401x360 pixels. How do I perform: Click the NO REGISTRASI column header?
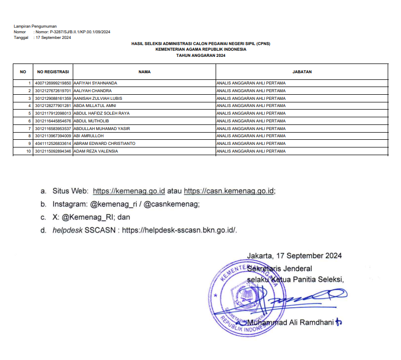click(53, 72)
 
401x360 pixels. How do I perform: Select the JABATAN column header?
click(302, 72)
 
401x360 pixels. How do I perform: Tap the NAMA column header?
click(144, 72)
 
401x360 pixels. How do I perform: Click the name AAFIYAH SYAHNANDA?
click(95, 83)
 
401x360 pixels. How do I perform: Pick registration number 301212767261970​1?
click(53, 91)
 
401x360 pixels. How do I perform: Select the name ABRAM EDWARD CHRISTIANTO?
click(104, 144)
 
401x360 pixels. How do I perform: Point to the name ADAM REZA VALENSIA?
click(96, 151)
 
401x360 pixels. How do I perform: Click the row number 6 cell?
click(30, 121)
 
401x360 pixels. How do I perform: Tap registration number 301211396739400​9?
click(53, 136)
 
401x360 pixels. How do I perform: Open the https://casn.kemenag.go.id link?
click(229, 191)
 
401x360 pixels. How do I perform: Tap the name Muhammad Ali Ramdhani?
click(290, 323)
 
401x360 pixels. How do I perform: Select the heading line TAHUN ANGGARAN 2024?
click(200, 55)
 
